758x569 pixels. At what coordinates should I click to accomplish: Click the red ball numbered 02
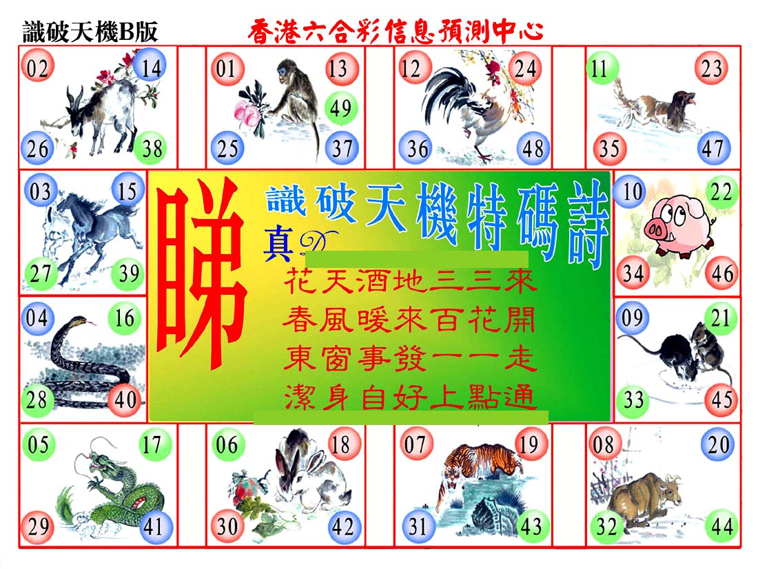(37, 68)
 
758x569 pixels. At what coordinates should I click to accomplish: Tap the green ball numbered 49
(341, 107)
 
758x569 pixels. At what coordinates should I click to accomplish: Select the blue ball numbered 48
(533, 148)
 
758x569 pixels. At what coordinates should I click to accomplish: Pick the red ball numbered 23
(711, 68)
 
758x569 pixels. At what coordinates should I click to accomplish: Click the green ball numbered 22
(721, 192)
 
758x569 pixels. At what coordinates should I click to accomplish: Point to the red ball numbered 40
(125, 400)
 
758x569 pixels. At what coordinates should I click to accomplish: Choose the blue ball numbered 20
(718, 444)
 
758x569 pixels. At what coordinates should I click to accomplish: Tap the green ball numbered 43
(531, 526)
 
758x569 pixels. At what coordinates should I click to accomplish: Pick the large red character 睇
(201, 273)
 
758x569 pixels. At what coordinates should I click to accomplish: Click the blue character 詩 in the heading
(587, 223)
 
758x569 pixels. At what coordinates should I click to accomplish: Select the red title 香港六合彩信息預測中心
(396, 32)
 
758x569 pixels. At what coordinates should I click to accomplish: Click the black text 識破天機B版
(90, 32)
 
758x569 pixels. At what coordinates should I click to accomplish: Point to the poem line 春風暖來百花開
(409, 320)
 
